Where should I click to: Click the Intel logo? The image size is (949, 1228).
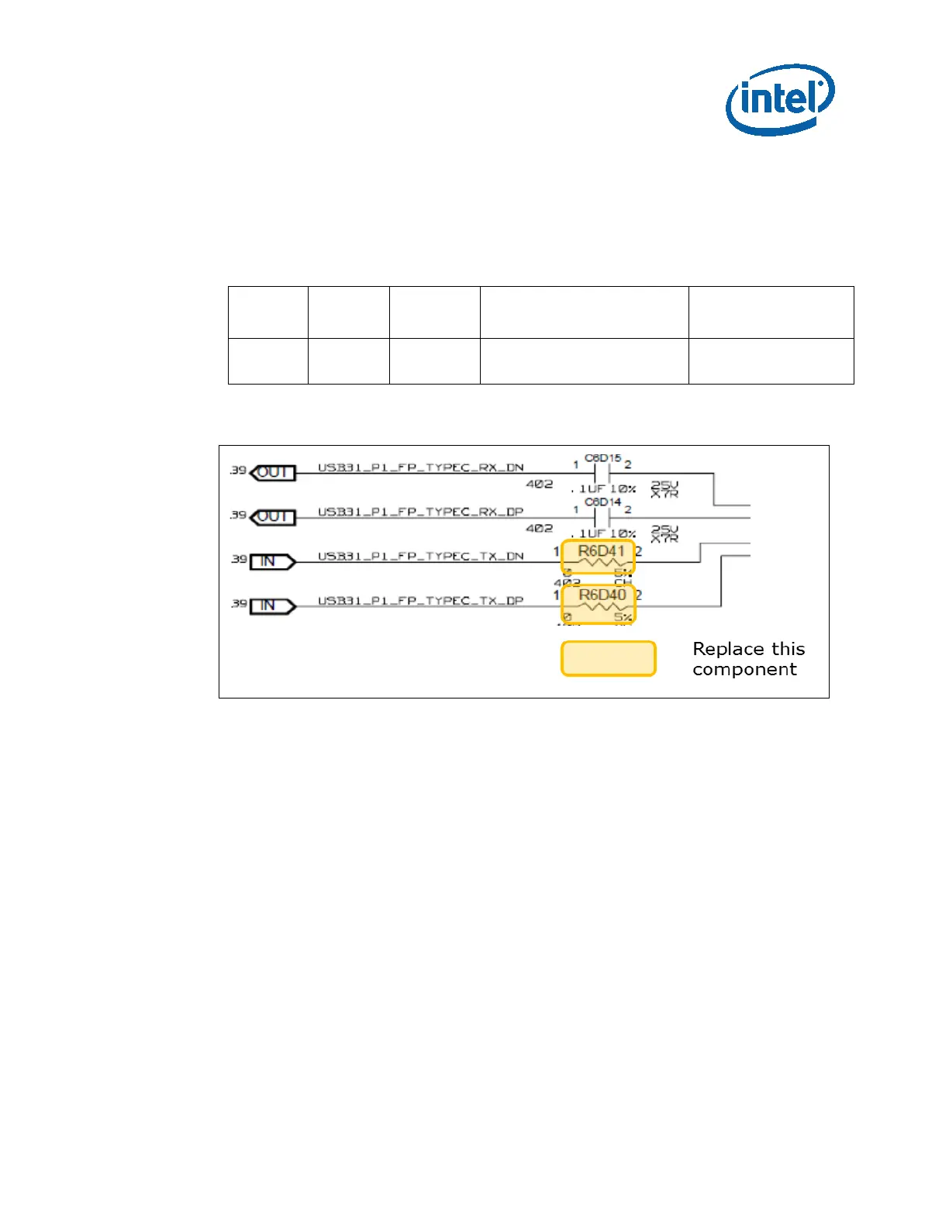point(780,98)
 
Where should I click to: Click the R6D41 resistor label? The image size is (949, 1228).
point(601,551)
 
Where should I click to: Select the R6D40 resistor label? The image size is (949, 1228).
point(602,595)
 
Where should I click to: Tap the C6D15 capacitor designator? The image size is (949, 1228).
point(602,458)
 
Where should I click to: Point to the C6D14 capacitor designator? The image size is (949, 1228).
point(602,502)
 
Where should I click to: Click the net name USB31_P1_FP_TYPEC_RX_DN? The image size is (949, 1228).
point(420,467)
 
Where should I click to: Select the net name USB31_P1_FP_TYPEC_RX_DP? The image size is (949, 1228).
point(420,512)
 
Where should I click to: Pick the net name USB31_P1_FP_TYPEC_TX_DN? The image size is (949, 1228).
point(420,556)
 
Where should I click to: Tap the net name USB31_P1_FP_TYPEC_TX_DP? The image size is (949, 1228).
point(420,600)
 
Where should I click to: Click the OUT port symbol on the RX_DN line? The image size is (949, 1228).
point(273,472)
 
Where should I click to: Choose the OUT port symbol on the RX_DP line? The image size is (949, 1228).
point(273,516)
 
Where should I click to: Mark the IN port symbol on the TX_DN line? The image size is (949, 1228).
point(272,561)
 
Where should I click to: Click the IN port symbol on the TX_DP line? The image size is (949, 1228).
point(272,605)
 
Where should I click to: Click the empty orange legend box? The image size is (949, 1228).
point(609,658)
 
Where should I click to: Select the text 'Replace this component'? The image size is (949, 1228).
point(748,659)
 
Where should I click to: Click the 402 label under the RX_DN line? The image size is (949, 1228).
point(540,484)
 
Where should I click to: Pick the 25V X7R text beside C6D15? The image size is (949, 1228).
point(664,489)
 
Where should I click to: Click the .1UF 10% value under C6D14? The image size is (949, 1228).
point(604,533)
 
